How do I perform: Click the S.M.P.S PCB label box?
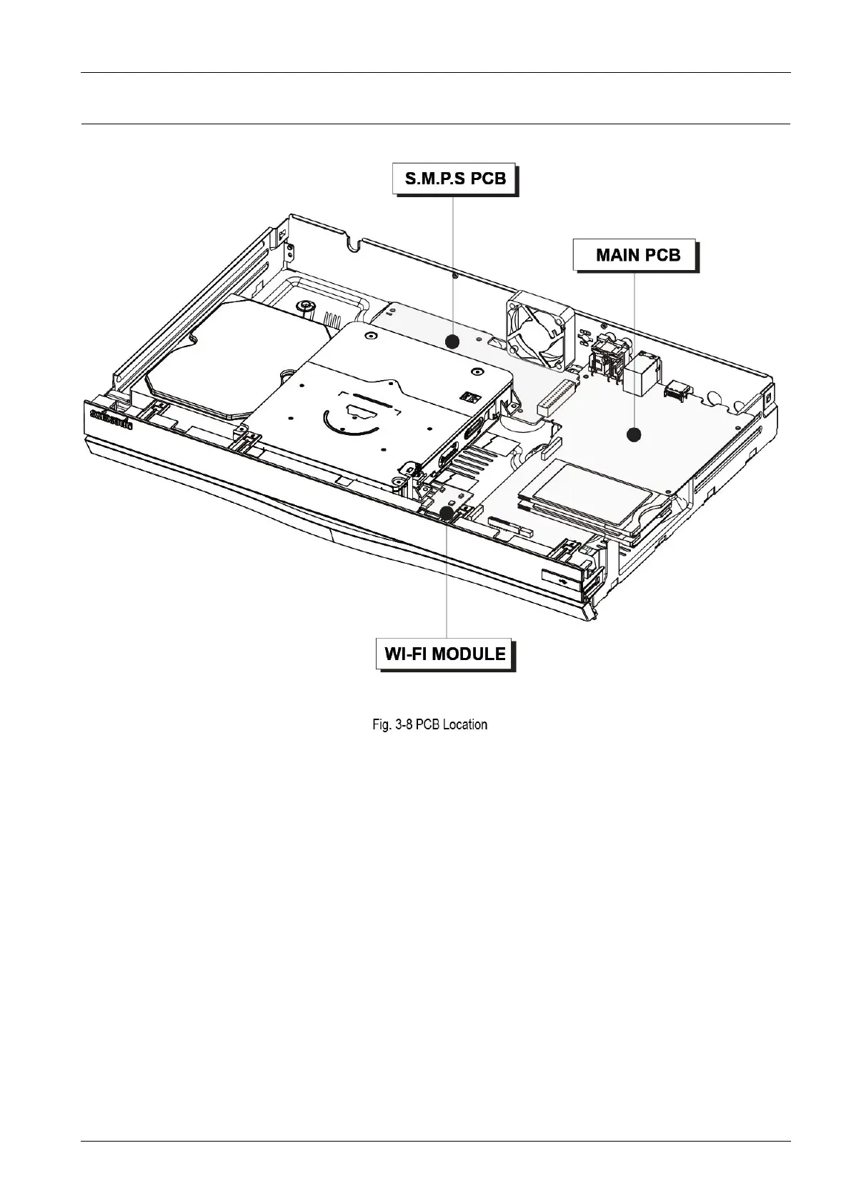click(x=454, y=179)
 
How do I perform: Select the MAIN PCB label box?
click(x=634, y=254)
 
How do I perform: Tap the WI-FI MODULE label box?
click(x=444, y=654)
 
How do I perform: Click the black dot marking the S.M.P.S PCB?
click(x=452, y=342)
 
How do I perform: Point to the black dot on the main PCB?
click(x=633, y=434)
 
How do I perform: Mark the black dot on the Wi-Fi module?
click(x=447, y=512)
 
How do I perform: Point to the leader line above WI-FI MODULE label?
click(x=447, y=579)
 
